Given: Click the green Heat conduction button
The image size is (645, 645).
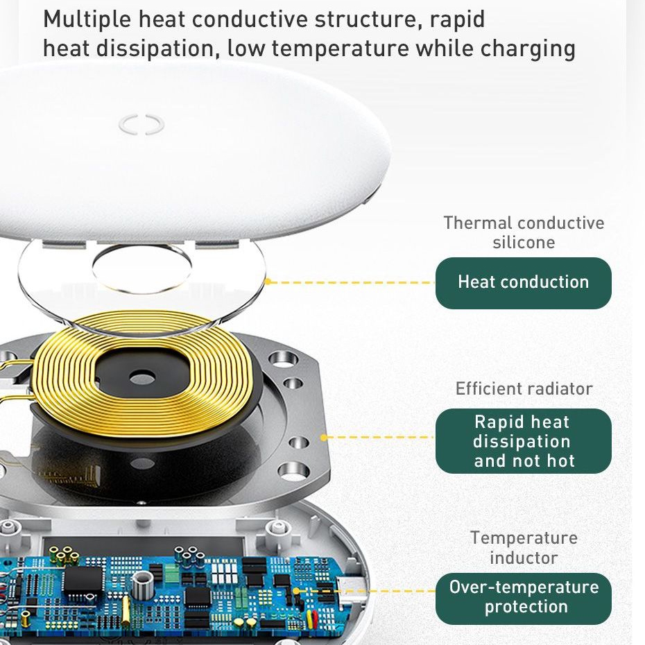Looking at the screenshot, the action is pos(523,283).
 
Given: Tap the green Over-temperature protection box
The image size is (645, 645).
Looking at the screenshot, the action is pos(523,599).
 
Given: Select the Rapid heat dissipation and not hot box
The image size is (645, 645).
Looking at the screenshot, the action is pos(523,441).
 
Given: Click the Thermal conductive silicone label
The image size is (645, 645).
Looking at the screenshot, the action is pos(524,232).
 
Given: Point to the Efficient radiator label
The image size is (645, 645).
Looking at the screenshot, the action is pos(524,388).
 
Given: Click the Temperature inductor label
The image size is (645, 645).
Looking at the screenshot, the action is pos(524,548).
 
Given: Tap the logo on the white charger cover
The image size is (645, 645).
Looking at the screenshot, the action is pos(141,124).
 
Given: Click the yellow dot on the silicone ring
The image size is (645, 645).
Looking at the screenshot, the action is pos(268,282).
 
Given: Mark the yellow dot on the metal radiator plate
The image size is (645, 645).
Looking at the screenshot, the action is pos(324,438).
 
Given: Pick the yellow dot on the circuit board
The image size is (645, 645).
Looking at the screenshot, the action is pos(295,592).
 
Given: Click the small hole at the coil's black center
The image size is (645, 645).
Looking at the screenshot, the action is pos(142,377).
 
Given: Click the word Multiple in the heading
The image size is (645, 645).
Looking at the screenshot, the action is pos(87,19).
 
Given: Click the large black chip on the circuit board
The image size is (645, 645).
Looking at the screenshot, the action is pos(83,580).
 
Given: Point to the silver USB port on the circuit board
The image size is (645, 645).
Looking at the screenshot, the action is pos(350,589).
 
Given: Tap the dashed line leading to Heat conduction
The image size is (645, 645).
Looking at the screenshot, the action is pos(352,282).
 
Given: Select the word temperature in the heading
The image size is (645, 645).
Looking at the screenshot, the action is pos(341,49).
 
